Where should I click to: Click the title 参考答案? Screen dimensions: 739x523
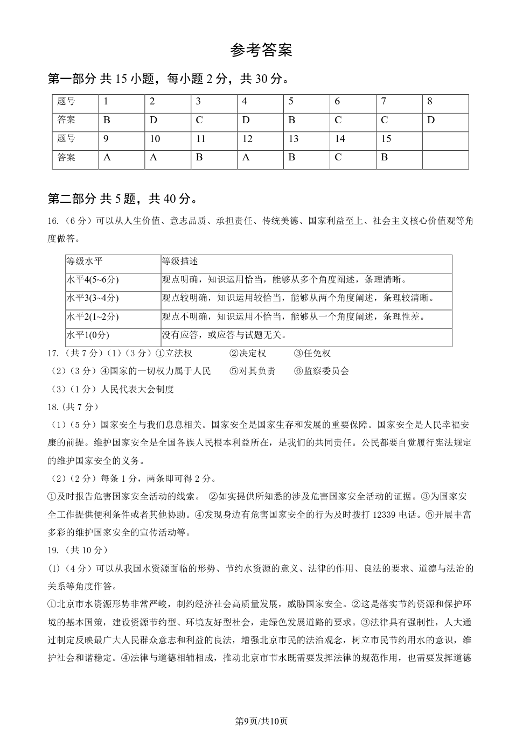261,51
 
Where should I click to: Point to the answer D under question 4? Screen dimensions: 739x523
246,120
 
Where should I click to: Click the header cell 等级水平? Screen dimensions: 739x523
84,262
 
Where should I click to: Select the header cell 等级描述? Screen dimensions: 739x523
180,262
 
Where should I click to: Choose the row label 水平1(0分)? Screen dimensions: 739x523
88,335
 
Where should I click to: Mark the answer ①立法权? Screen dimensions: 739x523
173,354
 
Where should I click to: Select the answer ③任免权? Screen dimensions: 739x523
312,354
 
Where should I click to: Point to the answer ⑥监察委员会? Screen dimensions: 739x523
322,371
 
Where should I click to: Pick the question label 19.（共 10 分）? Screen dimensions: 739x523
78,550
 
